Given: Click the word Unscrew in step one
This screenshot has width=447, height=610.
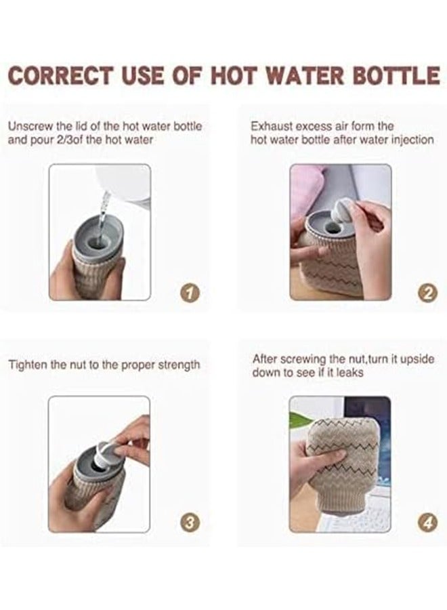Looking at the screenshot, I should pyautogui.click(x=29, y=126).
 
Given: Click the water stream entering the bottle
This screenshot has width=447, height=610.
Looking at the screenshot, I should pyautogui.click(x=102, y=210).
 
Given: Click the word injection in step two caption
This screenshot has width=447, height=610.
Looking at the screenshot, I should pyautogui.click(x=411, y=140).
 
